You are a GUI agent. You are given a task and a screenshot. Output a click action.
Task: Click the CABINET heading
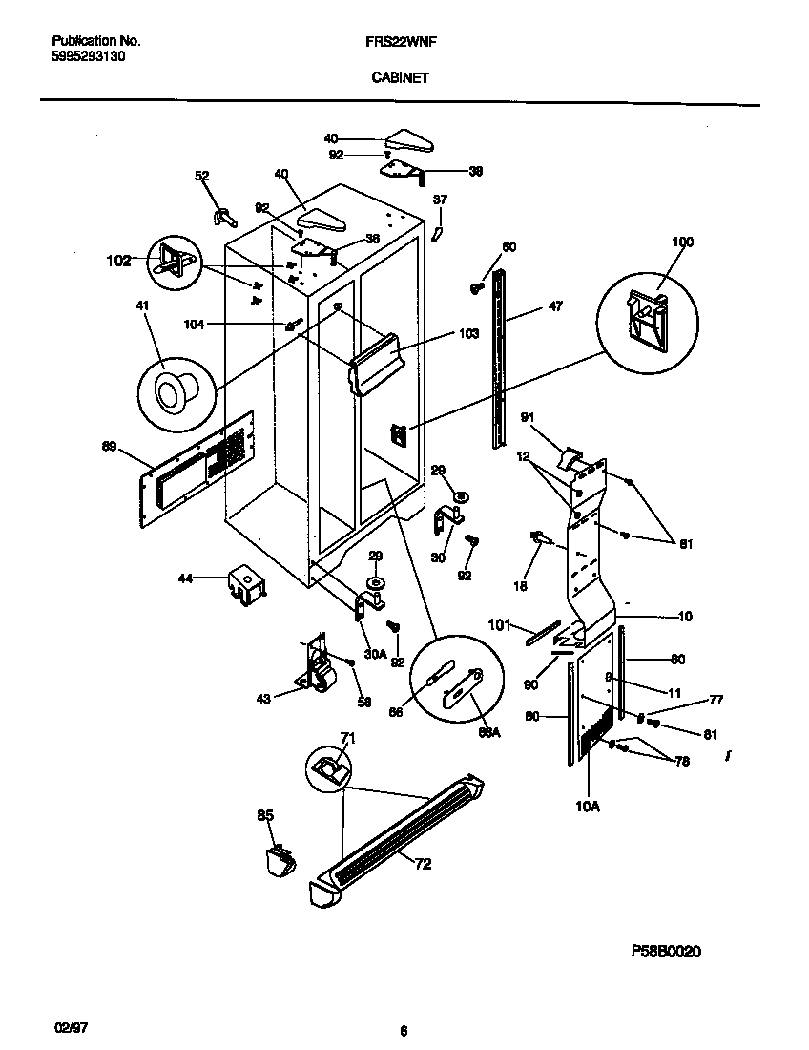tap(401, 80)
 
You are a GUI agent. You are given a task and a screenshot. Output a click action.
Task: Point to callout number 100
tap(682, 242)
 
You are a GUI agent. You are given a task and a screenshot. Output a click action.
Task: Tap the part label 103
tap(467, 334)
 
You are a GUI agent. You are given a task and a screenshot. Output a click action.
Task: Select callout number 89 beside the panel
tap(111, 446)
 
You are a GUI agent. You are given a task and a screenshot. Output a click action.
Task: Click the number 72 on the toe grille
tap(423, 864)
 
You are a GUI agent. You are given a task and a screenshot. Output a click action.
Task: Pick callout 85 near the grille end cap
tap(264, 815)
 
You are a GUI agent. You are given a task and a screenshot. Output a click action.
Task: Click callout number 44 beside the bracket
tap(187, 578)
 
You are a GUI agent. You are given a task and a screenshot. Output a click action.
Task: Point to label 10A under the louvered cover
tap(587, 807)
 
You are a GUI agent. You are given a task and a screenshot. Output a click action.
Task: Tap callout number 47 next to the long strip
tap(554, 306)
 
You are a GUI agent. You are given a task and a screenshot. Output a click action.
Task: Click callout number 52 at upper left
tap(201, 177)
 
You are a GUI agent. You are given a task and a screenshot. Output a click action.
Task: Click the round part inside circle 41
tap(175, 392)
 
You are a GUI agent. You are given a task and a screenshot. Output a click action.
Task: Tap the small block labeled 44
tap(246, 584)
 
